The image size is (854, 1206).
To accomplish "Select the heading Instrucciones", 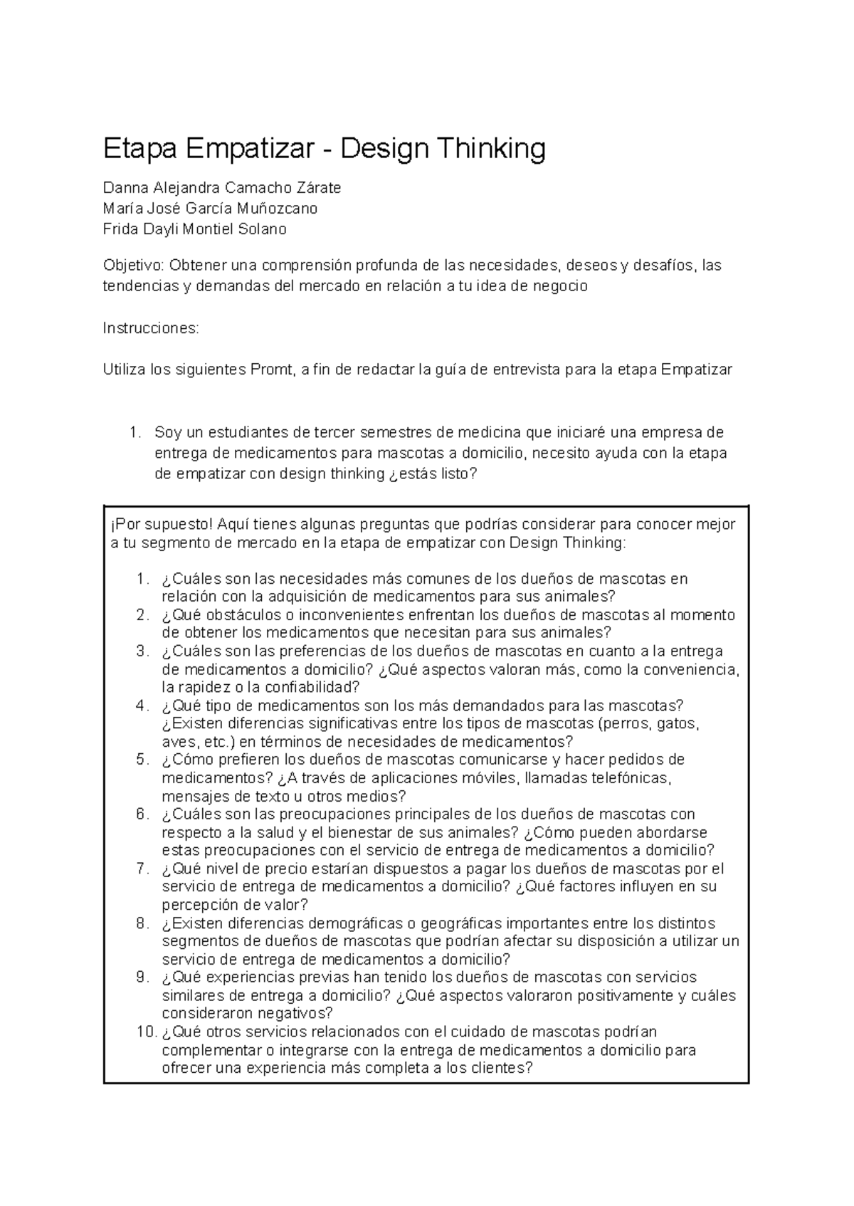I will tap(152, 328).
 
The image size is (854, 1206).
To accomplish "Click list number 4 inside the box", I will tap(142, 706).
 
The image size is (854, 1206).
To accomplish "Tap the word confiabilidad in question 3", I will tap(312, 688).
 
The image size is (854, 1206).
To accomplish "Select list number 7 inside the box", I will tap(142, 869).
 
